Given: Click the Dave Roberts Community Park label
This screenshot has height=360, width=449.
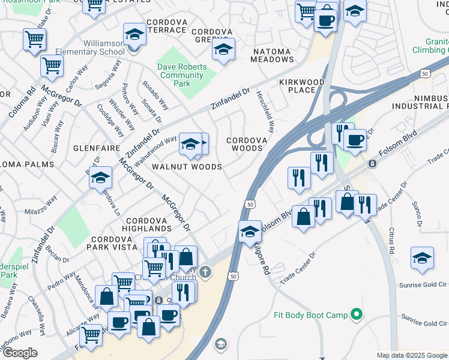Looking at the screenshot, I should (182, 75).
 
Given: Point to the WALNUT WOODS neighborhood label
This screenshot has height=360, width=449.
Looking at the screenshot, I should (187, 167).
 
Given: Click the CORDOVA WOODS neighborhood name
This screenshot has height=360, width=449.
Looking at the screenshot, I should (244, 144).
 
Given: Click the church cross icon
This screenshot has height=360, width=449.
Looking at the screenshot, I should (205, 273).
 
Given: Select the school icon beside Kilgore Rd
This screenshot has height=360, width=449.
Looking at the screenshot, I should (249, 231).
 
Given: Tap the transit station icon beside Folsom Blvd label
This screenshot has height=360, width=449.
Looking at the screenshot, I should (372, 163).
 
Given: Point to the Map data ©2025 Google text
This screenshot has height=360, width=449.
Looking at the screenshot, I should (411, 355).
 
